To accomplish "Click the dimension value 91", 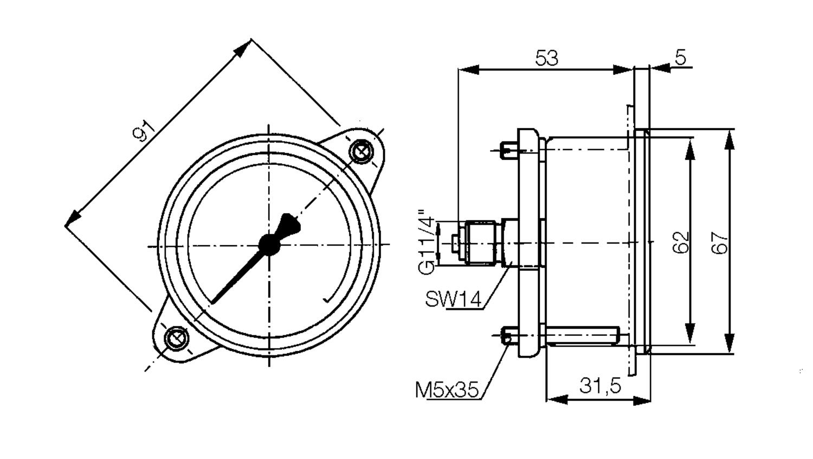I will coord(144,131).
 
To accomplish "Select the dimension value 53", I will coord(546,58).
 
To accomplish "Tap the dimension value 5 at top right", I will coord(681,56).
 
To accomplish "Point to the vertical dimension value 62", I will coord(681,243).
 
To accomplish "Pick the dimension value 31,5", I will coord(599,386).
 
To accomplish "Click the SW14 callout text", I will coord(453,299).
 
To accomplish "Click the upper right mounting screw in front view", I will coord(361,151).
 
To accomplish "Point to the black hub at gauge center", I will coord(269,245).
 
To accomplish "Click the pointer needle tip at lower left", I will coord(213,301).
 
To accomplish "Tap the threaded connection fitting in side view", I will coord(479,243).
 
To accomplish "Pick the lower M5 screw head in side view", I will coord(508,336).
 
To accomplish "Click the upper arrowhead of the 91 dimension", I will coord(243,48).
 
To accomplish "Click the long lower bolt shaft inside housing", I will coord(583,336).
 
